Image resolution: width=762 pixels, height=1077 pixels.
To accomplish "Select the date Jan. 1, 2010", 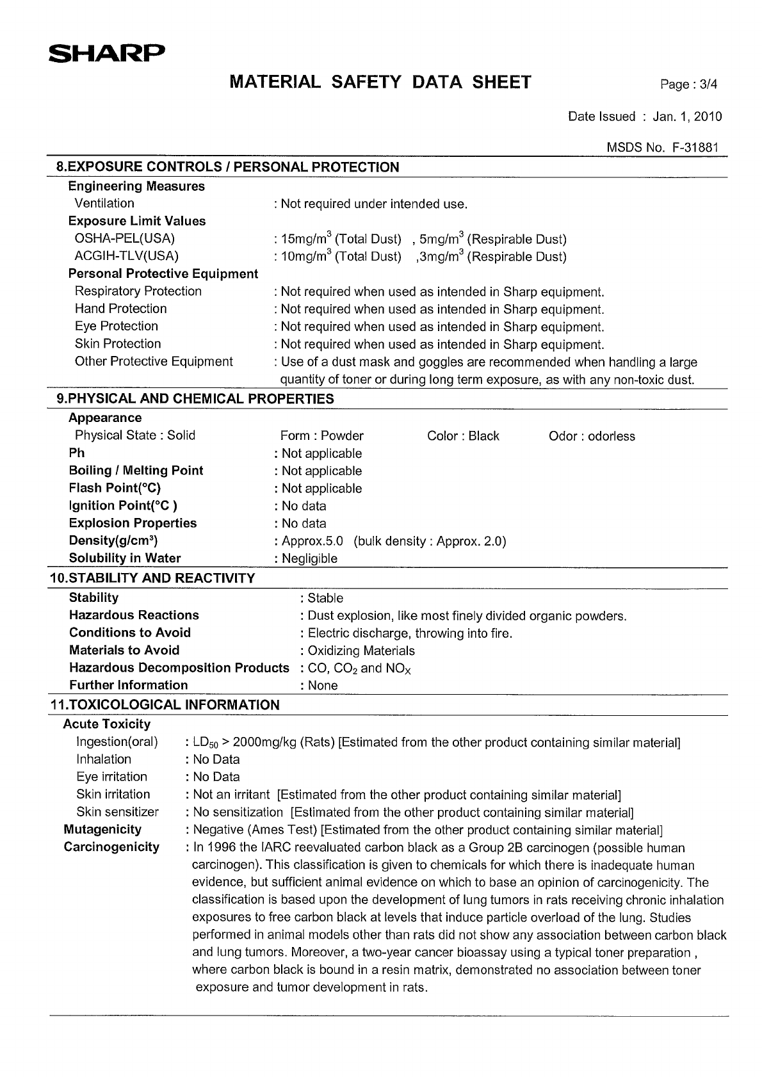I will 687,117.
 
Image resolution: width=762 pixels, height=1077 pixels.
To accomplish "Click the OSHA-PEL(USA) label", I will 125,239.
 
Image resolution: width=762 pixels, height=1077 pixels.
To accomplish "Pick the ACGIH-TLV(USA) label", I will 127,256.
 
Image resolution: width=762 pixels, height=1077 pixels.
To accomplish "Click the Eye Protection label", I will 117,326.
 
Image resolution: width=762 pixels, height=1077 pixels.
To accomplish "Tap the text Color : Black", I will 463,436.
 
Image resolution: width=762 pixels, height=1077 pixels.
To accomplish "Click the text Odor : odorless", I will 592,436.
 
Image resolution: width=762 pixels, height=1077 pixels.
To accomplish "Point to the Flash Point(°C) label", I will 115,488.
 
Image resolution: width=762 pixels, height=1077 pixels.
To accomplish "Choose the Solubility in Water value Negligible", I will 310,558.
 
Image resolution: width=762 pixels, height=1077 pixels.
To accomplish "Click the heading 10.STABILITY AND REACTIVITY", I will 152,578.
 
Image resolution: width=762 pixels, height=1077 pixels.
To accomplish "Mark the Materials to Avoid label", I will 124,650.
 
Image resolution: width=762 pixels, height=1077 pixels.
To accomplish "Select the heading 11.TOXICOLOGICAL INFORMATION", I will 165,705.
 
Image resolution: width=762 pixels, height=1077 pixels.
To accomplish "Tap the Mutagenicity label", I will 102,829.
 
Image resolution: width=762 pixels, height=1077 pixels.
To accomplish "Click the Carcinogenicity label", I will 111,846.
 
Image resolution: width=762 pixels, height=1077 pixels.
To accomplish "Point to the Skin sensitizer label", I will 117,812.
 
